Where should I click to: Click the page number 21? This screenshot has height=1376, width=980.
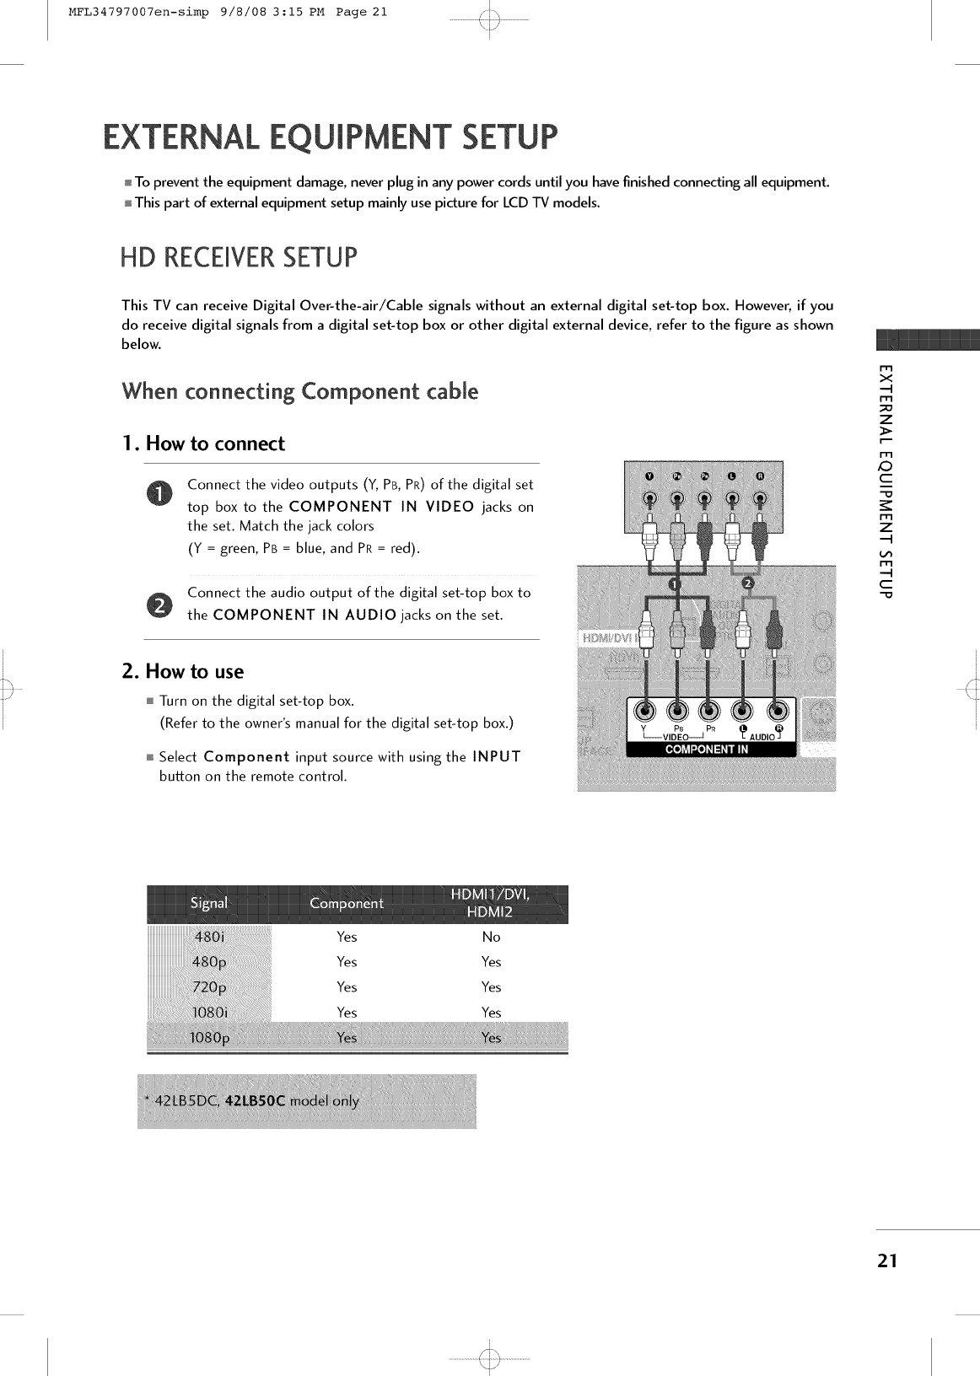pyautogui.click(x=886, y=1261)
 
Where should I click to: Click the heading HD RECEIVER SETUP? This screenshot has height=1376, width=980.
pyautogui.click(x=240, y=258)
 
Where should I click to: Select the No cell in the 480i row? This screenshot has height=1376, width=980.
pyautogui.click(x=491, y=937)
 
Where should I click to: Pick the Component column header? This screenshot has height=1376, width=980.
pyautogui.click(x=347, y=904)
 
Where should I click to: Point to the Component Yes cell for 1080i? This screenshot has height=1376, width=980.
pyautogui.click(x=347, y=1013)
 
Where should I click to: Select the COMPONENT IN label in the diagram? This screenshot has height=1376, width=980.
pyautogui.click(x=706, y=749)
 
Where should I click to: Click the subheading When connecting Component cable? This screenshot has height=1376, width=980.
pyautogui.click(x=300, y=392)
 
